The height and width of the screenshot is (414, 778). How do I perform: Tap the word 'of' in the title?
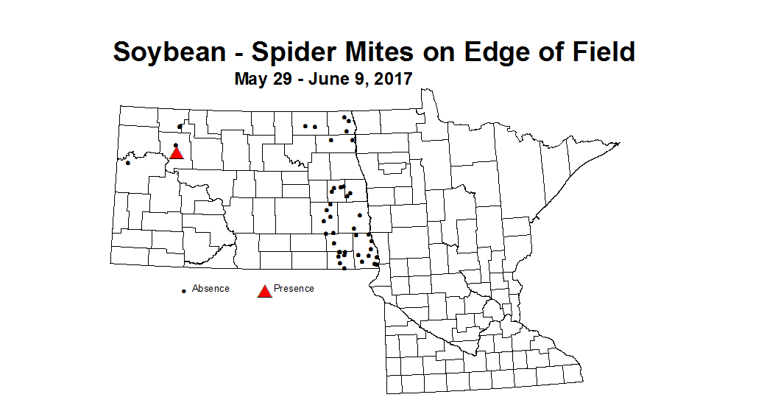(x=539, y=52)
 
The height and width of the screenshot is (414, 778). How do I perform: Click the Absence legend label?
(x=211, y=289)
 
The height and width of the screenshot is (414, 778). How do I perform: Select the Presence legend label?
(x=294, y=289)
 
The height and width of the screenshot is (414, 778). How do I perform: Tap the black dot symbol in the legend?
(x=183, y=291)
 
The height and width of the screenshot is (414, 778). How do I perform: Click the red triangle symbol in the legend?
(x=265, y=291)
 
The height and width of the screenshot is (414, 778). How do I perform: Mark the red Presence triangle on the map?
(x=176, y=153)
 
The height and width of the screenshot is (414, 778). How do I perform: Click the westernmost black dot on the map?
(x=128, y=163)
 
